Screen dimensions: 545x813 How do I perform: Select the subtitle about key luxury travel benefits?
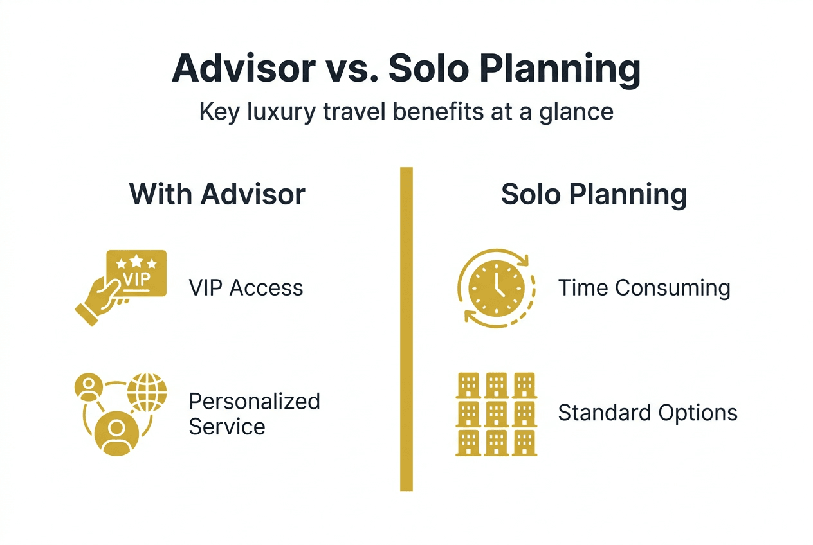(406, 112)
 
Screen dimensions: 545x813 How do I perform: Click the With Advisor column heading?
(217, 194)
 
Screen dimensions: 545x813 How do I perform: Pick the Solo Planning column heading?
(594, 194)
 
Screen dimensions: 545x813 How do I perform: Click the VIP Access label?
(246, 287)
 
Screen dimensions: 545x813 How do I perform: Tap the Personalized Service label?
(254, 413)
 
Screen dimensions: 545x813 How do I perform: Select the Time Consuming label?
(644, 287)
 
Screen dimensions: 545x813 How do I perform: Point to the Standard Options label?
(647, 413)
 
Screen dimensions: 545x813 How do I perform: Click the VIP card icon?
(136, 274)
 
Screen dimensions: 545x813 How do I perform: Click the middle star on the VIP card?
(136, 260)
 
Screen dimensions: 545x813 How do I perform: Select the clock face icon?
(497, 288)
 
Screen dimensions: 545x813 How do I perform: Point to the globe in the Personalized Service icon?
(147, 392)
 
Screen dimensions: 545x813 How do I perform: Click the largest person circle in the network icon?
(116, 432)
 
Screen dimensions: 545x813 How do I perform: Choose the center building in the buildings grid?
(497, 414)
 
